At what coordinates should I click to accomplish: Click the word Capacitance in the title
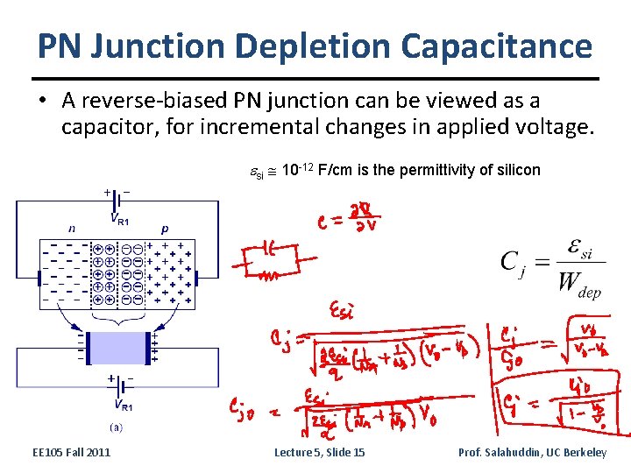coord(496,46)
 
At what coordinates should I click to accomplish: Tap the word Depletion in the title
coord(312,46)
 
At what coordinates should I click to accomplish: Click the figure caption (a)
coord(115,428)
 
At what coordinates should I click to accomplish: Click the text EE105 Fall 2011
coord(71,452)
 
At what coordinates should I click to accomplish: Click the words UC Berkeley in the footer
coord(578,452)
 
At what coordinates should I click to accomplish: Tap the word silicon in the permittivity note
coord(519,170)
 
